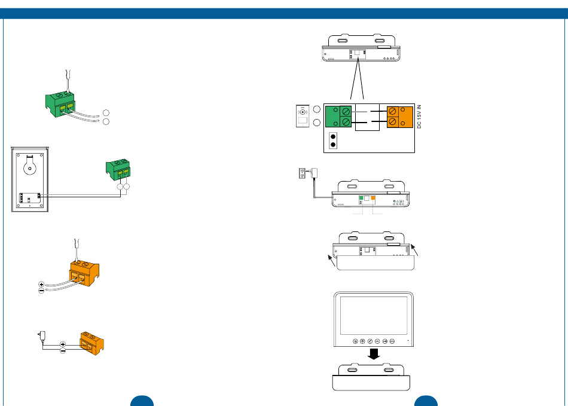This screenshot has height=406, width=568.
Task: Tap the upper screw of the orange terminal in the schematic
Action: tap(393, 111)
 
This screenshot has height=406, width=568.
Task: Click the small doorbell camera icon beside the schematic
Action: tap(303, 116)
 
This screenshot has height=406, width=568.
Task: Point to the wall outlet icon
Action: tap(302, 173)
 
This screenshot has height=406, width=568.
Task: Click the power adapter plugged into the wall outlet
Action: tap(314, 173)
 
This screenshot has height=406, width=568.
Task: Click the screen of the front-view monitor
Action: tap(372, 315)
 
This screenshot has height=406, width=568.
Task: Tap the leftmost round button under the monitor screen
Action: tap(355, 342)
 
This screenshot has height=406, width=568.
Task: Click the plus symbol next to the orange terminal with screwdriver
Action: tap(41, 285)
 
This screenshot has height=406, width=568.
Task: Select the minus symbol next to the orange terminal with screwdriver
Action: tap(41, 291)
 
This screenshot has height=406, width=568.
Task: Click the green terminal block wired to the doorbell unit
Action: tap(119, 169)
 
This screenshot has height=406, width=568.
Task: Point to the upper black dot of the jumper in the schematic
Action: tap(333, 136)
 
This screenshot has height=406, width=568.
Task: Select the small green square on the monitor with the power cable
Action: tap(361, 198)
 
